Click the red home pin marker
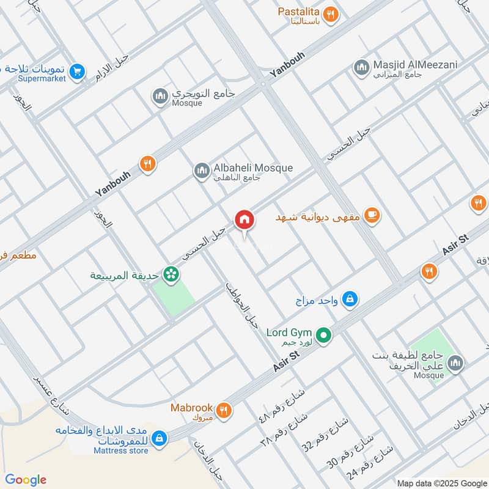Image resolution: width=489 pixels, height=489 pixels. tap(244, 219)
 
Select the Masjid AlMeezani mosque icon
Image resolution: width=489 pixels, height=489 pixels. tap(361, 67)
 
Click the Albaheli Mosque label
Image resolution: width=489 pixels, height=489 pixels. tap(252, 168)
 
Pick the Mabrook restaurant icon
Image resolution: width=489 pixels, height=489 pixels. tap(224, 410)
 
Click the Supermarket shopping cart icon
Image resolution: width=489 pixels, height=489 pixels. tap(76, 72)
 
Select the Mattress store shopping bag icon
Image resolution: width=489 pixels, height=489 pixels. tap(159, 438)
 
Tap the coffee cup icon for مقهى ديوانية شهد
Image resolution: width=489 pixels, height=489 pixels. tap(370, 215)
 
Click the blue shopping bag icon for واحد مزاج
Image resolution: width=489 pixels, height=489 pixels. tap(350, 299)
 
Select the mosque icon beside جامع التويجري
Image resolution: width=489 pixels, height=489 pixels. tap(160, 97)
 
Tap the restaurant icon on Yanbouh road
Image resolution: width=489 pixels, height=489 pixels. tap(147, 164)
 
